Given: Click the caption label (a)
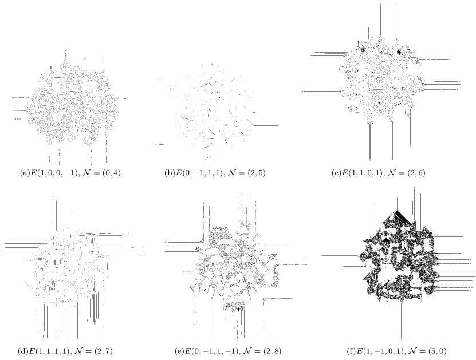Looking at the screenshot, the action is point(24,173).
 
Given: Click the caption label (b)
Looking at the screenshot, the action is point(169,173).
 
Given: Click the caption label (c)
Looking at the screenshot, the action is point(337,173).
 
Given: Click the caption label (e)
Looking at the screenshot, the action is point(180,351).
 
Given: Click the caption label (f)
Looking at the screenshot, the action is point(351,351).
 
